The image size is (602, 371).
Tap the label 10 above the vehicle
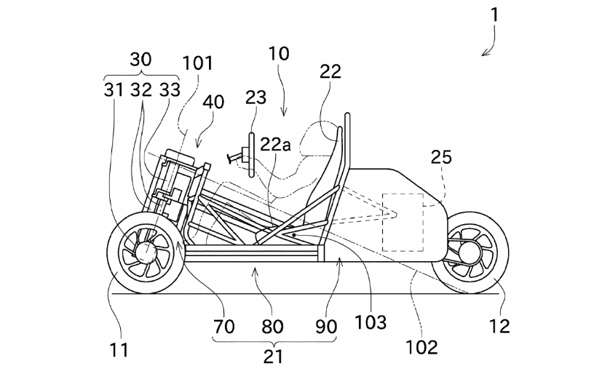pos(278,54)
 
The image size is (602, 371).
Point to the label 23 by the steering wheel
pos(256,98)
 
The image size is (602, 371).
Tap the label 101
pos(198,63)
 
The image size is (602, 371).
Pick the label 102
pos(422,347)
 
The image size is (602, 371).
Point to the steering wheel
pos(250,154)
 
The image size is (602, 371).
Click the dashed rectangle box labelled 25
pos(403,223)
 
